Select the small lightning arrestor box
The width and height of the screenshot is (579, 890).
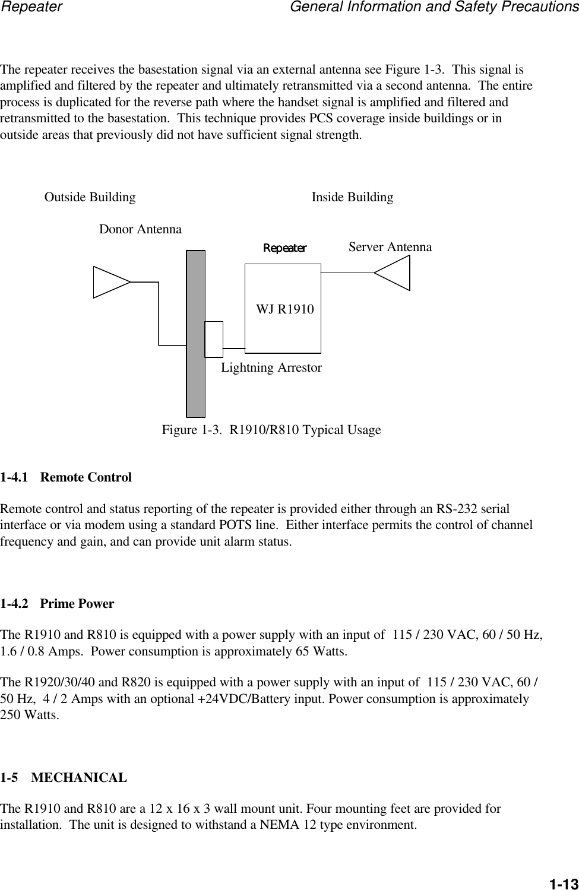(214, 339)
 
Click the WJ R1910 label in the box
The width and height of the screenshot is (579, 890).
(285, 309)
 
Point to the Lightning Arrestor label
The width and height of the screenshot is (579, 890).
(271, 368)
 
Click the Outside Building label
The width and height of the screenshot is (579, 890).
(90, 197)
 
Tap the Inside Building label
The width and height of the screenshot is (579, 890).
(352, 197)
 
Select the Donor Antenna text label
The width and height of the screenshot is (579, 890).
(140, 229)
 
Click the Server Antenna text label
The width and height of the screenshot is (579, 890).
(390, 247)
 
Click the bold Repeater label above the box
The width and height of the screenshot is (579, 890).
(285, 248)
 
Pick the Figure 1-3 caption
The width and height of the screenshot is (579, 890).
(271, 430)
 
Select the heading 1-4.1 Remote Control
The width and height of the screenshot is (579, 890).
(66, 477)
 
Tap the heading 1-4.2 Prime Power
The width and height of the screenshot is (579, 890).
(57, 604)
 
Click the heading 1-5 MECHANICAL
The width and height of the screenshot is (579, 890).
(64, 778)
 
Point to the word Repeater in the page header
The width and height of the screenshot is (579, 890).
(31, 7)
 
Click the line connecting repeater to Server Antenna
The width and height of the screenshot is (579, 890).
(347, 273)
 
